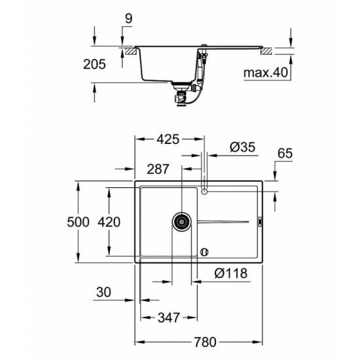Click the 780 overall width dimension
click(205, 342)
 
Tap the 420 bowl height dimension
click(109, 222)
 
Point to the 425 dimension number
click(168, 139)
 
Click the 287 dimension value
click(158, 169)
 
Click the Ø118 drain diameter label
click(232, 274)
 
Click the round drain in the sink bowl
click(180, 222)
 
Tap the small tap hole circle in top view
click(205, 190)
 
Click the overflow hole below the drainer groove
click(204, 251)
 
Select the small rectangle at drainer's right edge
click(260, 222)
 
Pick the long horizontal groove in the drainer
click(223, 222)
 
